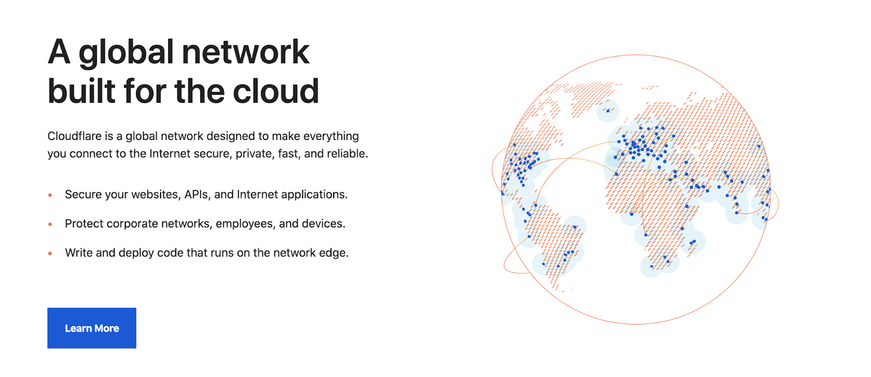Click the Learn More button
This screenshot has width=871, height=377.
point(91,328)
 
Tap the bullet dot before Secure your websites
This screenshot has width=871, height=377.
point(50,195)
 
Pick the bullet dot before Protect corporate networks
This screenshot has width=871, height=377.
point(50,224)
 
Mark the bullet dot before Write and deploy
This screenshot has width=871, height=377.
point(50,253)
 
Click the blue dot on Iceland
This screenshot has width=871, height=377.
point(608,111)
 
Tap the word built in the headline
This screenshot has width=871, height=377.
point(82,91)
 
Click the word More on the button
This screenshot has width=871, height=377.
point(107,329)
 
